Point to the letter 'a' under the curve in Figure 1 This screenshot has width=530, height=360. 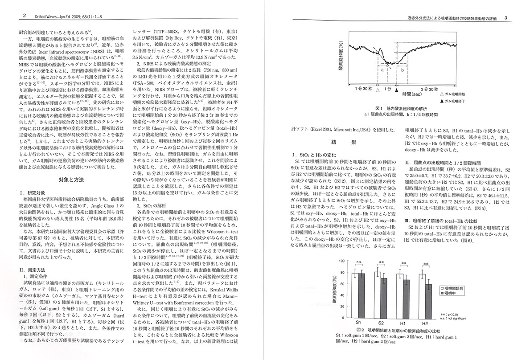click(383, 70)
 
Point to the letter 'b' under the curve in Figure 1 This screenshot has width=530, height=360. click(403, 70)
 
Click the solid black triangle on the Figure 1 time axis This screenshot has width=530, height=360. click(397, 90)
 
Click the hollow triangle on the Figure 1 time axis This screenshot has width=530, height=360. click(378, 90)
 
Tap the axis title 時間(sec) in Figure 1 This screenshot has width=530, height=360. click(412, 94)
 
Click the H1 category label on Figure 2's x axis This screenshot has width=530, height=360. click(402, 321)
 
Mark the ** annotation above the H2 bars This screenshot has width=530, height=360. click(426, 264)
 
